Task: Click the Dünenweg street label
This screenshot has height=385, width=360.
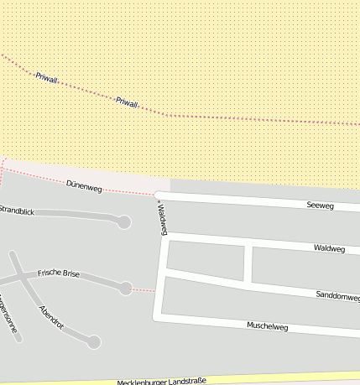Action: [83, 186]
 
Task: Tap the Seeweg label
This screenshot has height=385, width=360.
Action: [320, 205]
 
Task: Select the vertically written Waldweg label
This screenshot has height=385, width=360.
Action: [157, 218]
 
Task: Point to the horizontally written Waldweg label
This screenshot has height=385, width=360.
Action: [329, 248]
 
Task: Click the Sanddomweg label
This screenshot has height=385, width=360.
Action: [337, 297]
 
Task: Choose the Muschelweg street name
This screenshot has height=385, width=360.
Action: [267, 325]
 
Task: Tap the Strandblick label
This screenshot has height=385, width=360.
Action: [17, 210]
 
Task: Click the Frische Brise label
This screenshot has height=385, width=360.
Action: [59, 274]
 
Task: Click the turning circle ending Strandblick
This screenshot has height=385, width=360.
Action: [124, 222]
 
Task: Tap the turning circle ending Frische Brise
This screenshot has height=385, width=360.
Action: [126, 288]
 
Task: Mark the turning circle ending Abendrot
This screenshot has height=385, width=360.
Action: [95, 341]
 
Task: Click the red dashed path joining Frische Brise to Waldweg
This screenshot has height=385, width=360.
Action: [143, 290]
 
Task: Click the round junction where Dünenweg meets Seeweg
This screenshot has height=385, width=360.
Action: [157, 195]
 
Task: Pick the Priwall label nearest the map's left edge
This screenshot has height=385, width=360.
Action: [46, 77]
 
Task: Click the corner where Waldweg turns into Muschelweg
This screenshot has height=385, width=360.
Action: [156, 317]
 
